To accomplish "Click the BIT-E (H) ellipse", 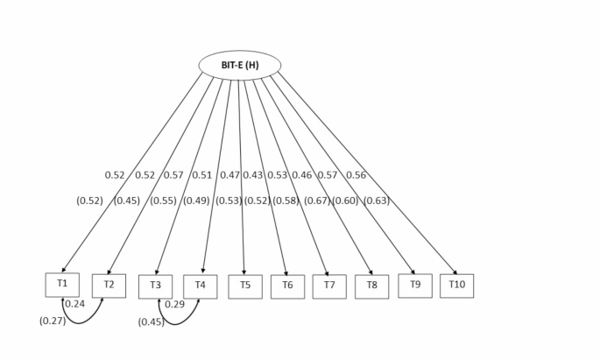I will pos(240,65).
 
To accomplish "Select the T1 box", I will pos(62,285).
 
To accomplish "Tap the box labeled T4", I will pos(200,286).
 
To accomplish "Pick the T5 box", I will pos(245,286).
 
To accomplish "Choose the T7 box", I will pos(329,286).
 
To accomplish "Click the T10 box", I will pos(456,286).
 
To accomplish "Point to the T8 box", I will pos(371,286).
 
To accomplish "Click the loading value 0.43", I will pos(253,175).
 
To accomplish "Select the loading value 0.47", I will pos(229,175).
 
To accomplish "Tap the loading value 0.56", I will pos(356,175).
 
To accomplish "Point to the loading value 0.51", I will pos(201,175).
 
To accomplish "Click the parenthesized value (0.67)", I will pos(317,201).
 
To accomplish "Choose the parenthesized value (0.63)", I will pos(376,201).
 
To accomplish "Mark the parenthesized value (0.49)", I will pos(196,201).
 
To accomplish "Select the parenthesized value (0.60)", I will pos(344,201).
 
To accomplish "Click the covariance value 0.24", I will pos(75,304).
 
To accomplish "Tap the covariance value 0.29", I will pos(174,304).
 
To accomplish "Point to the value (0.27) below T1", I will pos(53,321).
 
